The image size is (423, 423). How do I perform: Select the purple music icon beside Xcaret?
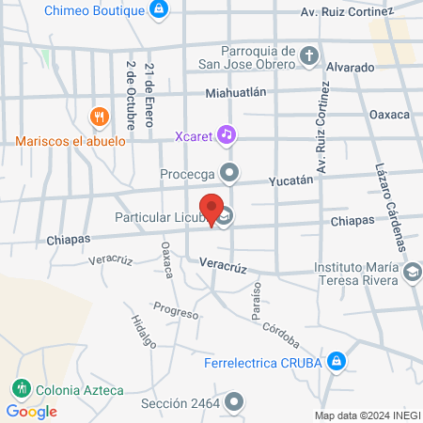(x=226, y=134)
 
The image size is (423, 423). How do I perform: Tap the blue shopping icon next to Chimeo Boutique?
(x=160, y=10)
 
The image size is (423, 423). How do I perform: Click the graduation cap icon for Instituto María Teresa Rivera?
(x=410, y=272)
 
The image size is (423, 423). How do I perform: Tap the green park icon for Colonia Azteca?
(x=20, y=388)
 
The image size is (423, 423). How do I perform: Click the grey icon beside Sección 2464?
(x=234, y=403)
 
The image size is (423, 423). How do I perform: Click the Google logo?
(x=31, y=411)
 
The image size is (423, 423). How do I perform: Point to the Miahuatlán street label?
(x=237, y=92)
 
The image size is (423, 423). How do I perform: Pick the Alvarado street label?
(x=351, y=68)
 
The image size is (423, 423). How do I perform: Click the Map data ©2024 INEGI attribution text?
(x=366, y=415)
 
